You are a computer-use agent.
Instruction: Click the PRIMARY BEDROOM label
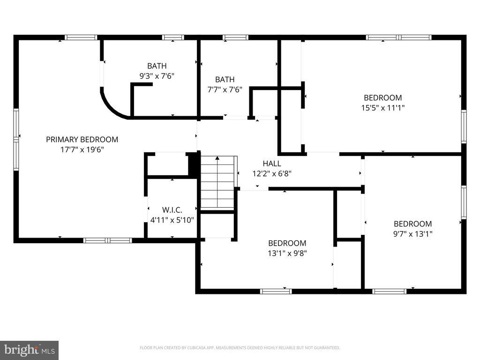82,139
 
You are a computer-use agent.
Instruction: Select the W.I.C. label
172,210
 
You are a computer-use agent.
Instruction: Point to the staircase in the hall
217,183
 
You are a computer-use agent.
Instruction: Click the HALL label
272,164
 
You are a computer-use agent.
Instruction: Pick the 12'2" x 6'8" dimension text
272,173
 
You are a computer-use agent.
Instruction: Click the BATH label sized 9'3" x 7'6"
157,66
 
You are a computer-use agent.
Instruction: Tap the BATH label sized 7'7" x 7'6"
225,80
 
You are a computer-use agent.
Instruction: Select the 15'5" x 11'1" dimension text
382,107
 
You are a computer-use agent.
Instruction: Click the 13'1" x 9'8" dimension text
287,253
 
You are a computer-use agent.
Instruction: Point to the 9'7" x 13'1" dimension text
412,233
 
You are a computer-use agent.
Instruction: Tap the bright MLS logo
29,350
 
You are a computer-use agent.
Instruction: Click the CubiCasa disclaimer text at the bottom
240,348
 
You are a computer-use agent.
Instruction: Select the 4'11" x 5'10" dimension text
172,219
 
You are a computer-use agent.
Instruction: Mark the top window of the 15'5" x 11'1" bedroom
398,37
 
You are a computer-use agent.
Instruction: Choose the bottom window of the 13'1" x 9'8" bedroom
276,291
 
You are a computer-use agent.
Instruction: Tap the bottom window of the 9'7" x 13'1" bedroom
389,291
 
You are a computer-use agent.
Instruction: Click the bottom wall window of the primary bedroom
107,240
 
